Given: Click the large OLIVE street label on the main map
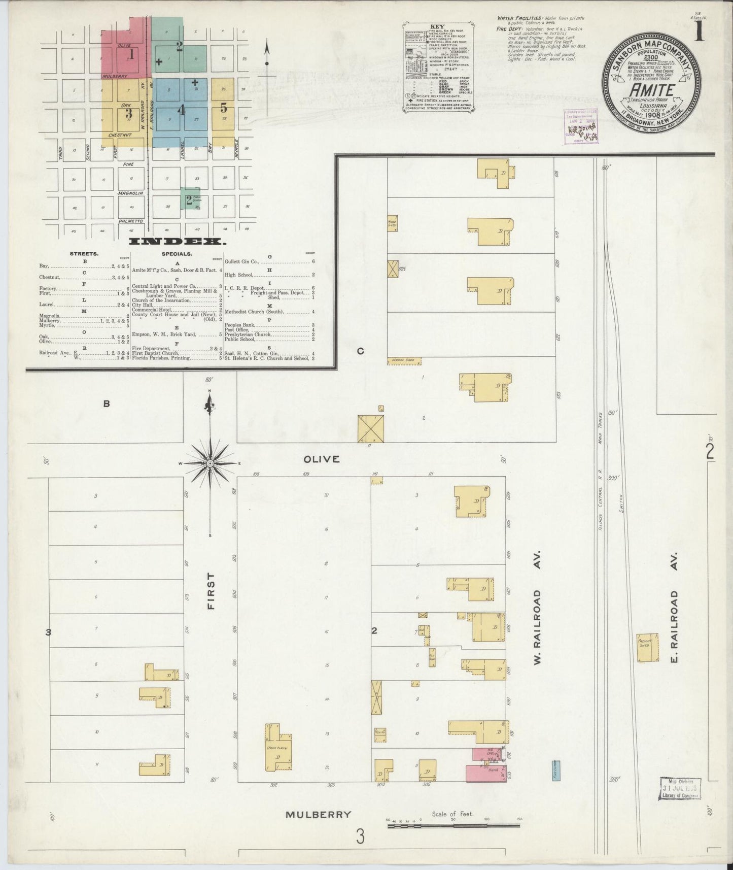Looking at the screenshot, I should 321,459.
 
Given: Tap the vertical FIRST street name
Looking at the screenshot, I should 211,591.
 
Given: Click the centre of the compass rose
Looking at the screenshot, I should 210,463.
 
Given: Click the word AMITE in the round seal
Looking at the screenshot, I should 652,90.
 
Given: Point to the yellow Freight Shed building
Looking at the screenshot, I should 648,648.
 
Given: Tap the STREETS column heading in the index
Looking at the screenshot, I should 85,253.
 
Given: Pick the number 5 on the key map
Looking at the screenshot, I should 224,108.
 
